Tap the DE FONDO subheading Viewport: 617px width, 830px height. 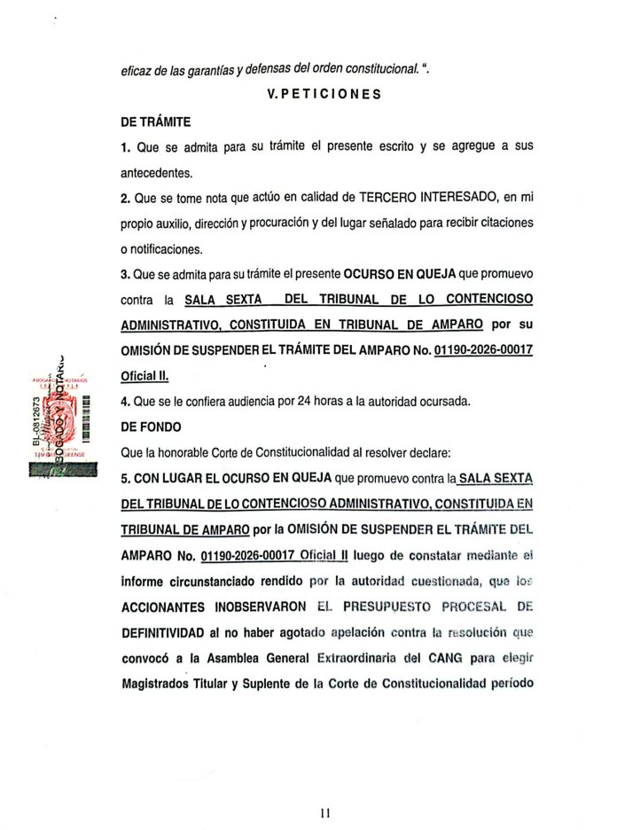click(151, 426)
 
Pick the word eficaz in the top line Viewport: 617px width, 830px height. click(137, 67)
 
